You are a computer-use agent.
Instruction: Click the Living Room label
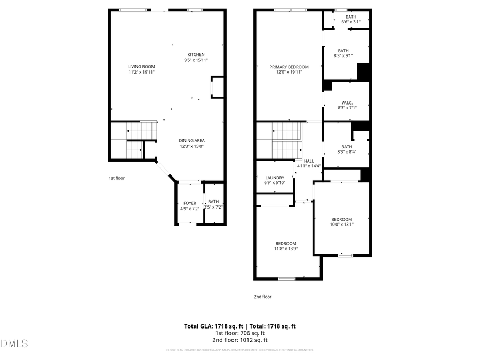click(x=141, y=66)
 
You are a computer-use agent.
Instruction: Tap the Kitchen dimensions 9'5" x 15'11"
click(x=196, y=60)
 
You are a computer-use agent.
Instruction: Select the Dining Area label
click(x=191, y=141)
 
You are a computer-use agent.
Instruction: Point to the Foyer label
click(x=190, y=203)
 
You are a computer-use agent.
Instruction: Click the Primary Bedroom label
click(x=289, y=67)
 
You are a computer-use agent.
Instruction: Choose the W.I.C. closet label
click(x=347, y=102)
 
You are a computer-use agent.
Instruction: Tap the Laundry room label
click(x=275, y=178)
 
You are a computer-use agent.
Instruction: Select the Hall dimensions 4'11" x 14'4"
click(x=309, y=166)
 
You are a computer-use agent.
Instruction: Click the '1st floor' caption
click(x=116, y=178)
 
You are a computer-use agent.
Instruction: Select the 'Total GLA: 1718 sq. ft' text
click(x=210, y=325)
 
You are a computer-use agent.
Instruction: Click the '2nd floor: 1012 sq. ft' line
click(x=239, y=340)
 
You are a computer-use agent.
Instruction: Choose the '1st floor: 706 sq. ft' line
click(x=239, y=333)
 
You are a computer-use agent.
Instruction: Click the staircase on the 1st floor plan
click(x=135, y=140)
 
